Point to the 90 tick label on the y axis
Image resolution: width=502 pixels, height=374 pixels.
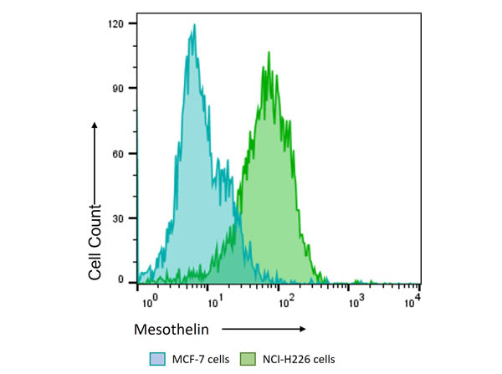119,88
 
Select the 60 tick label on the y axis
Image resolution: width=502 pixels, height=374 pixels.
119,153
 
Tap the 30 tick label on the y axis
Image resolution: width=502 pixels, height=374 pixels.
119,218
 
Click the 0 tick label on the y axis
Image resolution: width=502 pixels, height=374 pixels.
121,279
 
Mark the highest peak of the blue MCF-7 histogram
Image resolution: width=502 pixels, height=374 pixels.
194,26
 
